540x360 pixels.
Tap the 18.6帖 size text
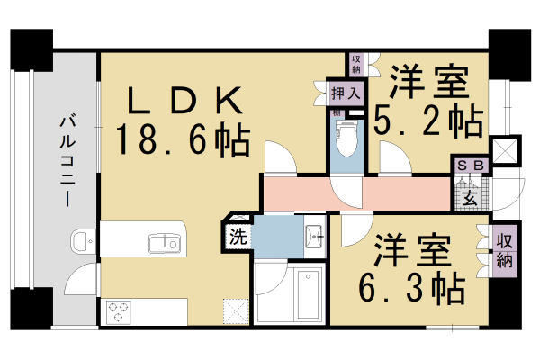click(183, 139)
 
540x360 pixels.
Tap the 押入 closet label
click(346, 93)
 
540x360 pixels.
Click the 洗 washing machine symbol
click(237, 238)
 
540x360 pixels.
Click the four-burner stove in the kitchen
click(119, 311)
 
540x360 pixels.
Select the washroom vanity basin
click(314, 236)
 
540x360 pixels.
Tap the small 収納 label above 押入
click(356, 64)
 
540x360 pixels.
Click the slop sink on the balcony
click(81, 240)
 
